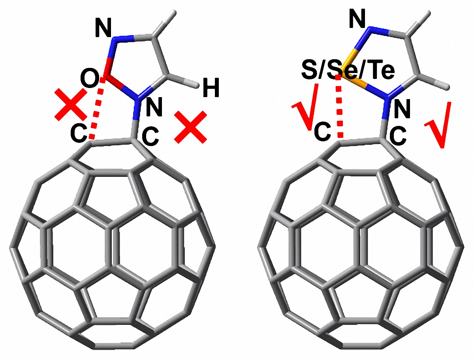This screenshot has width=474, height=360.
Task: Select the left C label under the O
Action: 79,134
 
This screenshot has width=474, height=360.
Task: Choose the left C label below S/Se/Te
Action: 322,133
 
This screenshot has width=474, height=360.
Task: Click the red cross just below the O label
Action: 71,104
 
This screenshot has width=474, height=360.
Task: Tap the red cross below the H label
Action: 191,127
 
